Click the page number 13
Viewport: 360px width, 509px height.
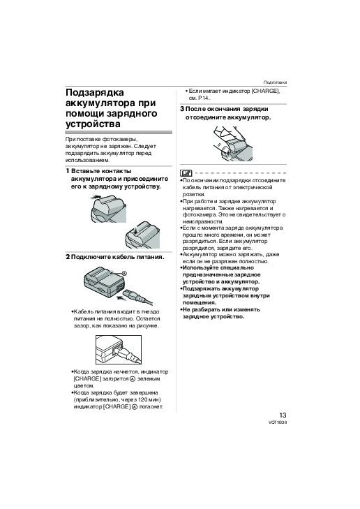pyautogui.click(x=283, y=415)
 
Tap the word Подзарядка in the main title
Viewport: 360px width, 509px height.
pyautogui.click(x=95, y=93)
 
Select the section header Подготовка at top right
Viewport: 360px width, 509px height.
pyautogui.click(x=275, y=82)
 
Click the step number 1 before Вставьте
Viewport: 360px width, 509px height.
pyautogui.click(x=68, y=171)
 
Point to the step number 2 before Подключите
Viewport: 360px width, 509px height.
pyautogui.click(x=68, y=257)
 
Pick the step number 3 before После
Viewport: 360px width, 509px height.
pyautogui.click(x=182, y=109)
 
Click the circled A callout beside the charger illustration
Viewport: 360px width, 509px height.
pyautogui.click(x=124, y=273)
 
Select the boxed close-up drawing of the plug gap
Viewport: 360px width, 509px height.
pyautogui.click(x=119, y=350)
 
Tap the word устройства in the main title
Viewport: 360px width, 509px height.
pyautogui.click(x=93, y=124)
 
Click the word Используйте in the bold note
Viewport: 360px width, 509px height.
pyautogui.click(x=200, y=268)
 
